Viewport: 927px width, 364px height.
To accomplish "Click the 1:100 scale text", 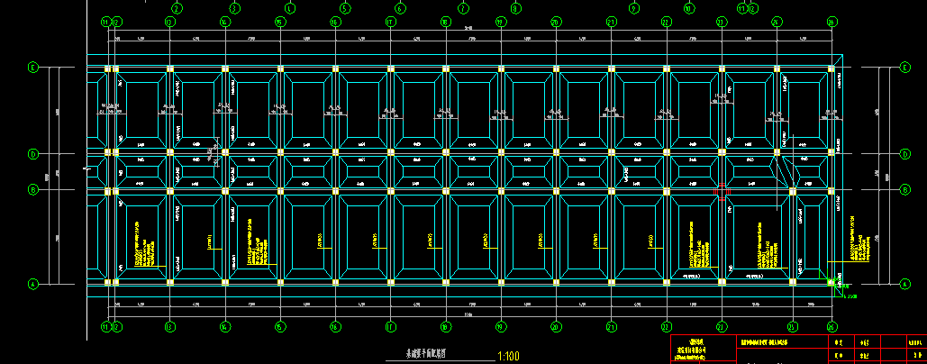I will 507,356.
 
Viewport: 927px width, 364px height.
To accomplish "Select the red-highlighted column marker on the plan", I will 721,191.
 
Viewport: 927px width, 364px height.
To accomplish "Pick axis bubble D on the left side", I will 34,154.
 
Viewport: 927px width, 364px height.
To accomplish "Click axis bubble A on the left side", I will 34,284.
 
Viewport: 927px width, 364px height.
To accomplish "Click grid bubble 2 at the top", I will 176,9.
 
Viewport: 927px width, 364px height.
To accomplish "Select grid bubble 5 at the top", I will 345,9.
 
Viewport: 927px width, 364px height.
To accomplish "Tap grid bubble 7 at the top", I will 464,9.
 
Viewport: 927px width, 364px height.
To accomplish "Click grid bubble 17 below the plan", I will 390,326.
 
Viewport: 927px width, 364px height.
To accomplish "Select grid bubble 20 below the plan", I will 556,326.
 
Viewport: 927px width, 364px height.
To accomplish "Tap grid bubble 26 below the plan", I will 831,326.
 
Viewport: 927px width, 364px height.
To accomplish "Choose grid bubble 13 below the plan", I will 168,326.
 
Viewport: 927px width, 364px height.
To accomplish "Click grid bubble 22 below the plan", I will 667,326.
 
